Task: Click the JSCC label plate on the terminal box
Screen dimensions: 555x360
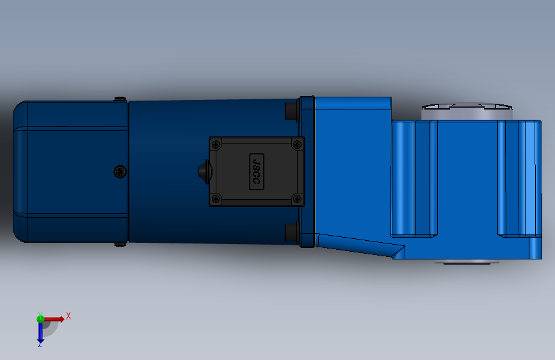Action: click(x=257, y=172)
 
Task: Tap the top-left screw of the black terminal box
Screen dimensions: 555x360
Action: click(x=216, y=144)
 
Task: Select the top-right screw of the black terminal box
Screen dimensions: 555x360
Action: click(x=297, y=144)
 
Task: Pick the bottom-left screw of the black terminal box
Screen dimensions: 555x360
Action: click(x=216, y=199)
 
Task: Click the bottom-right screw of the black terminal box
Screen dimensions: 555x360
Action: click(x=297, y=199)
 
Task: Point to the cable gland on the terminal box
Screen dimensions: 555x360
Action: click(x=204, y=172)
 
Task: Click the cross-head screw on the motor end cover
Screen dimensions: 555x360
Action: click(x=120, y=172)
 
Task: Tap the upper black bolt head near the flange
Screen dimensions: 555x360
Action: click(x=292, y=111)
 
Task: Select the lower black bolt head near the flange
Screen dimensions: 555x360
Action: click(x=292, y=231)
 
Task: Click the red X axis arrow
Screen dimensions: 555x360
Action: click(x=53, y=319)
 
